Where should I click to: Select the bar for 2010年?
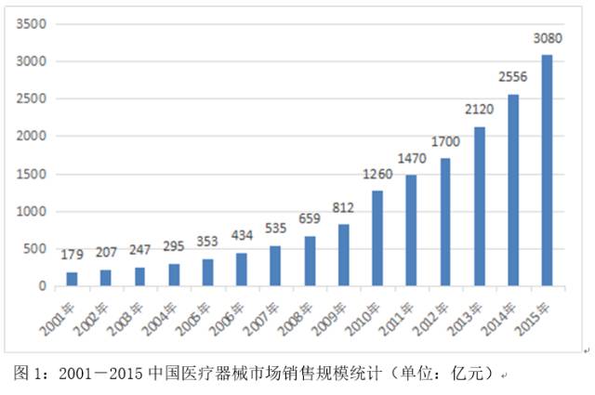click(377, 239)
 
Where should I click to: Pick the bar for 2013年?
click(479, 206)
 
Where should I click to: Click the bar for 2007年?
click(274, 266)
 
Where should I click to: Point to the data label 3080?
click(548, 38)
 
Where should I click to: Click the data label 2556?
click(513, 76)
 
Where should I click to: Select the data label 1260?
click(377, 174)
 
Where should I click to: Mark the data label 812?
click(343, 207)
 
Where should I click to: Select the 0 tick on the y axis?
click(43, 286)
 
